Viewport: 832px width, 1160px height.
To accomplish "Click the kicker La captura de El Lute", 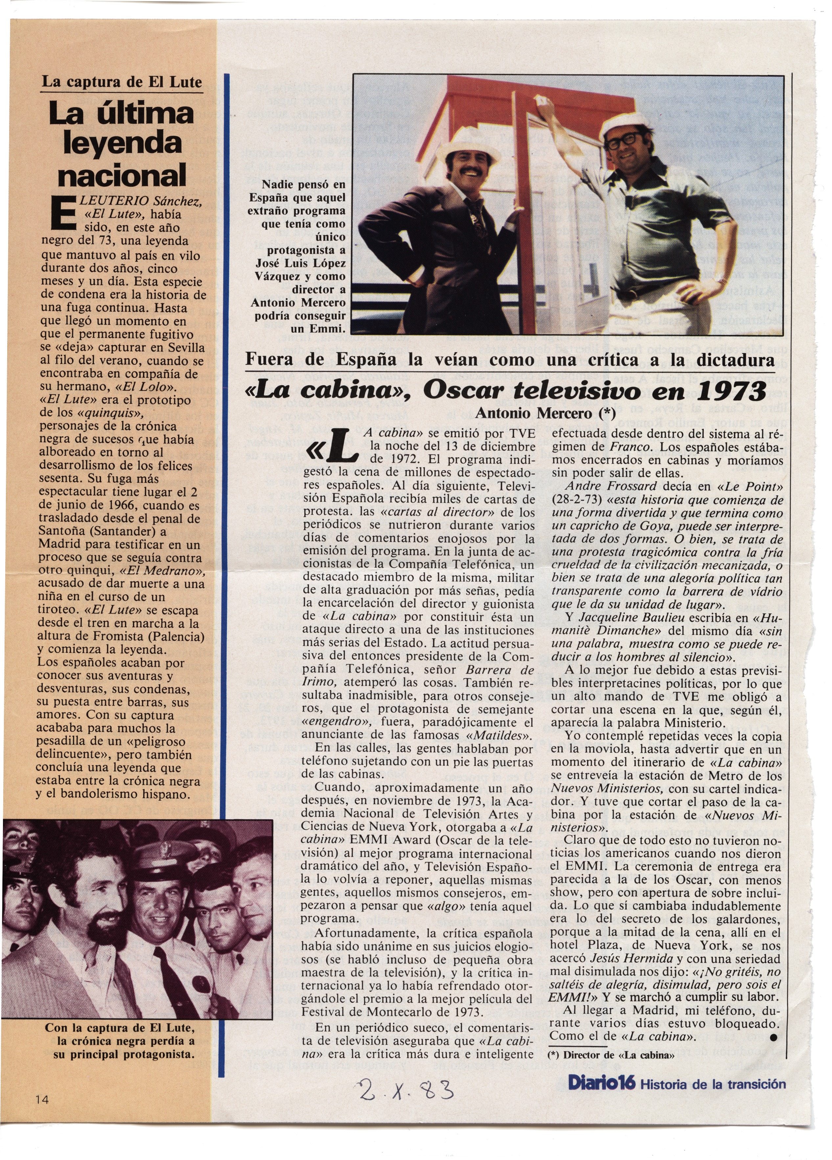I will click(122, 82).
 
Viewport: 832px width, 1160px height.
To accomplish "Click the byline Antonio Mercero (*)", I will click(545, 413).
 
